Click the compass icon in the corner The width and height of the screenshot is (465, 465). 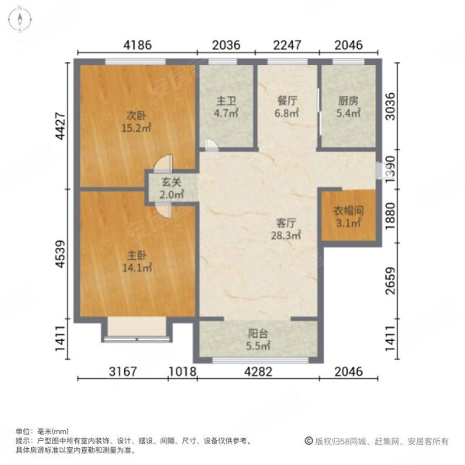20,19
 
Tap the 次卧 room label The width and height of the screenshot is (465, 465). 136,115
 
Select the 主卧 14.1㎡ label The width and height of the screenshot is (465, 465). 137,262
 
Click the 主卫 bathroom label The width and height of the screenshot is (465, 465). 226,101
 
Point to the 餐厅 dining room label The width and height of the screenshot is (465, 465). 287,101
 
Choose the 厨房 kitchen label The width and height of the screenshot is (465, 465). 348,101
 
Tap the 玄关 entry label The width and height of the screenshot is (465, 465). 171,182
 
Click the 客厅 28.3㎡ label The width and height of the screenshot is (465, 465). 286,229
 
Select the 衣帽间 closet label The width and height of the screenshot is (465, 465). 349,211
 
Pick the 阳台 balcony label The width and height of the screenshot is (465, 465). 258,333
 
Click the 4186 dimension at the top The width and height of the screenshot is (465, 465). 138,45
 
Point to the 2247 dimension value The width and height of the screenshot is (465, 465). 287,45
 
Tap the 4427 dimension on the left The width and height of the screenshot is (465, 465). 60,126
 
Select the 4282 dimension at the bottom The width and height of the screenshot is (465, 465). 258,371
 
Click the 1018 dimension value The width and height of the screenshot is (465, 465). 183,371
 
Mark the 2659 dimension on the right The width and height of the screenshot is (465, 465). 391,281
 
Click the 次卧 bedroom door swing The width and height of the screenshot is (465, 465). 164,164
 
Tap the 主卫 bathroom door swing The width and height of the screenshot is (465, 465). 212,145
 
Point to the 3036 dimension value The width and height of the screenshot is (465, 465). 391,106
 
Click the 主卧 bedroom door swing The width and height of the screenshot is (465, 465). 163,211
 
